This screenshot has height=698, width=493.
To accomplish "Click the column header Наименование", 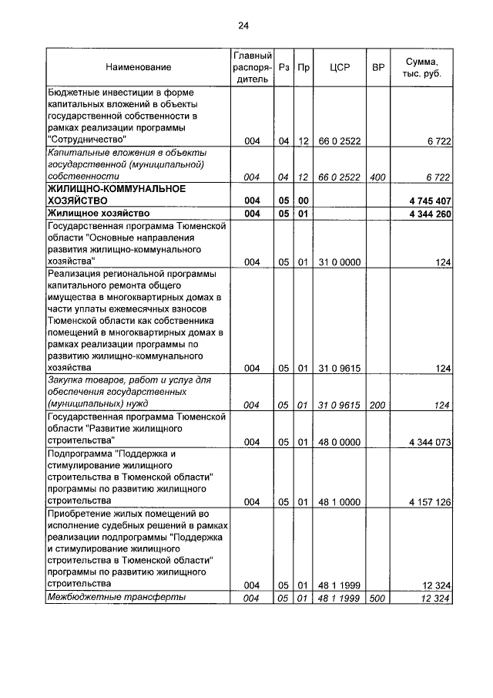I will [139, 68].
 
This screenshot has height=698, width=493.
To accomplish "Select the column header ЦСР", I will [339, 68].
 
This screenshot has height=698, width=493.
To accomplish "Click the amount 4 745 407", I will [430, 201].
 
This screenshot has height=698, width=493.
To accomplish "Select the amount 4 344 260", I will [430, 214].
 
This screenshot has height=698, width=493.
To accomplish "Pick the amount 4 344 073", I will [430, 442].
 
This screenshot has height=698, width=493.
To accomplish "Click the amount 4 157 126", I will [430, 502].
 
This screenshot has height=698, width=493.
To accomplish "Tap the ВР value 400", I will [377, 177].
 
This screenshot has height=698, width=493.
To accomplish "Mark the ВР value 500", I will [377, 599].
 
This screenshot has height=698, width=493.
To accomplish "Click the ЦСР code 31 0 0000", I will [339, 263].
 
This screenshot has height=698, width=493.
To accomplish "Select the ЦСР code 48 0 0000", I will [339, 442].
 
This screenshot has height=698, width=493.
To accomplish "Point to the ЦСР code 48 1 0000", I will [339, 502].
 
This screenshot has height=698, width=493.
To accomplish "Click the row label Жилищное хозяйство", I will [97, 214].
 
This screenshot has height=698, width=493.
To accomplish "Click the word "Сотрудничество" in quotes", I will [86, 140].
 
